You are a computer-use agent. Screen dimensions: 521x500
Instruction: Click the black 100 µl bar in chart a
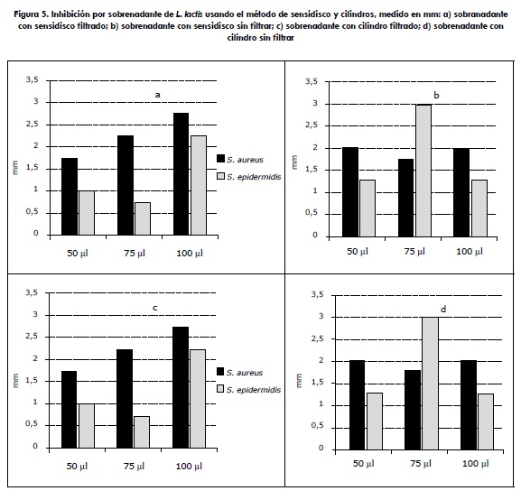[x=181, y=174]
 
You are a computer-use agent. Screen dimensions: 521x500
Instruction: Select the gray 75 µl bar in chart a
[x=143, y=218]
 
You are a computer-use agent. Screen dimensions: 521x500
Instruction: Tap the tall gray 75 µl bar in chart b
[x=423, y=171]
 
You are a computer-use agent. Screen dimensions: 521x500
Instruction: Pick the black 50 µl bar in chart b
[x=350, y=192]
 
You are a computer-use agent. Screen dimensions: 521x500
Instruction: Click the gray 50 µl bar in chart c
[x=87, y=426]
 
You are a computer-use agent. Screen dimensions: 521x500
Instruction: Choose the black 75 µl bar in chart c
[x=125, y=399]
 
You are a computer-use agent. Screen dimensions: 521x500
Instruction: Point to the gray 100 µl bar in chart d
[x=486, y=421]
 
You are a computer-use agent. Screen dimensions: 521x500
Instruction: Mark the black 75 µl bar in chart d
[x=413, y=410]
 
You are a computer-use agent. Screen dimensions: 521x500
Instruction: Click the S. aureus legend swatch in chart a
[x=220, y=158]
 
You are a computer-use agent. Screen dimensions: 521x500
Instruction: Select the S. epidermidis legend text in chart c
[x=254, y=390]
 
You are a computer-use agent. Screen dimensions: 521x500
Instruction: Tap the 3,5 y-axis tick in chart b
[x=312, y=81]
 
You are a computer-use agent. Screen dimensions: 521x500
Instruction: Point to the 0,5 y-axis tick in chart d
[x=317, y=426]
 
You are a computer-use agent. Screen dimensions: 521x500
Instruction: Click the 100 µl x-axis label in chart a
[x=190, y=253]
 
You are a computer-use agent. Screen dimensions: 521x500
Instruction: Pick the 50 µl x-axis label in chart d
[x=364, y=464]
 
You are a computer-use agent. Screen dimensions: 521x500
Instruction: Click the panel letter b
[x=436, y=96]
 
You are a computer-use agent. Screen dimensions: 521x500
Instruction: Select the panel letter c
[x=154, y=308]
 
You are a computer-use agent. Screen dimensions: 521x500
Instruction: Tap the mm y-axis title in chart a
[x=15, y=168]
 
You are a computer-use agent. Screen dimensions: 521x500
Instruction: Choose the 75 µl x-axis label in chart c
[x=135, y=466]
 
